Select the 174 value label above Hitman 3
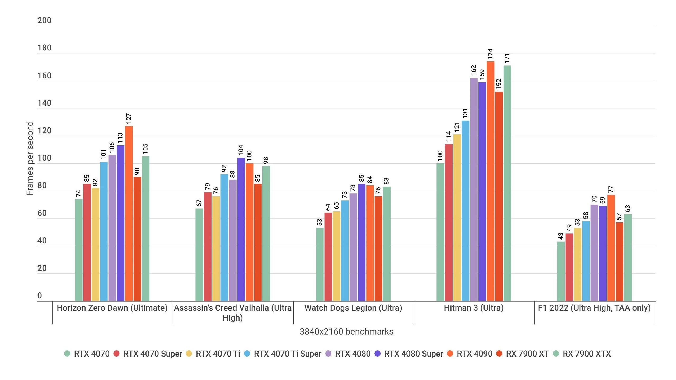(490, 54)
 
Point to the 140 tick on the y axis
(44, 103)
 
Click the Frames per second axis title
(30, 158)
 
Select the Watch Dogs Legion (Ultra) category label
(353, 308)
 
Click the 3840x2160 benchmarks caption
(346, 331)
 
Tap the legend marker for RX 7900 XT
(499, 354)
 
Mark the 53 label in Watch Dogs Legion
(320, 222)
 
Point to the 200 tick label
(44, 21)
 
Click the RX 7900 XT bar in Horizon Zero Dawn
(137, 239)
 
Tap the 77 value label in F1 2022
(611, 189)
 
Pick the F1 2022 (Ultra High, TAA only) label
(594, 308)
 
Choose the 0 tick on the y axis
(40, 296)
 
